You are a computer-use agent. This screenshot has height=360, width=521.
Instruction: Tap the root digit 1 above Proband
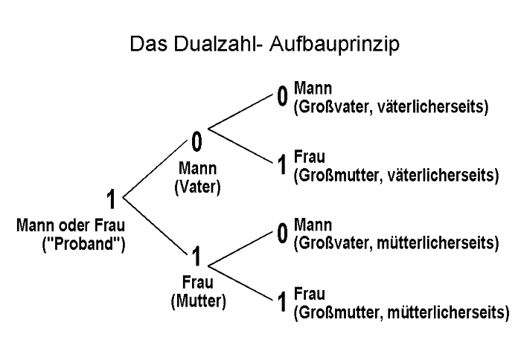click(111, 200)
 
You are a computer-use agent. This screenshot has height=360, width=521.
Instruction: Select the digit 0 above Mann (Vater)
click(197, 141)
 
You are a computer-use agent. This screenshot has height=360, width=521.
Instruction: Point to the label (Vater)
click(197, 187)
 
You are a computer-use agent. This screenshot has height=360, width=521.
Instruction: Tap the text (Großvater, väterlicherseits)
click(391, 106)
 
